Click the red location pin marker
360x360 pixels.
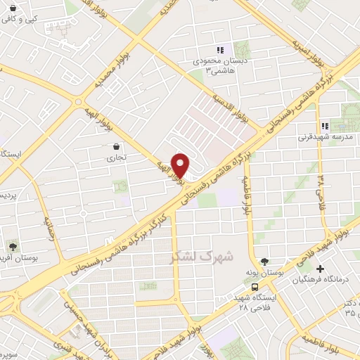pyautogui.click(x=181, y=165)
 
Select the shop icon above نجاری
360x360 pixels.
pyautogui.click(x=115, y=147)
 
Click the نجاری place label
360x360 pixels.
pyautogui.click(x=115, y=158)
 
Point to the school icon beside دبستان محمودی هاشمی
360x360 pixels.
pyautogui.click(x=220, y=50)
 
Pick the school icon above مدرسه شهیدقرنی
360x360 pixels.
pyautogui.click(x=325, y=126)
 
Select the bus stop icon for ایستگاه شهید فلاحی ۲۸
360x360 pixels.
pyautogui.click(x=255, y=287)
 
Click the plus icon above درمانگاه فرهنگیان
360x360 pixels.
pyautogui.click(x=320, y=269)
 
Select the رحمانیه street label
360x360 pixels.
pyautogui.click(x=49, y=226)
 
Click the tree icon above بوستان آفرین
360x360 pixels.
pyautogui.click(x=12, y=246)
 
